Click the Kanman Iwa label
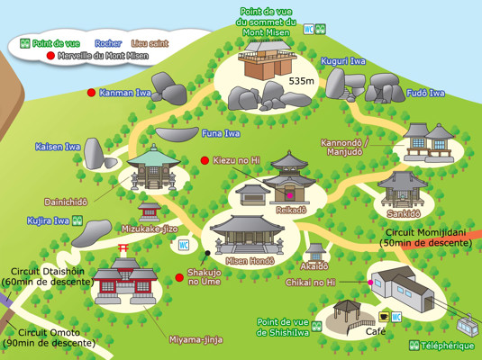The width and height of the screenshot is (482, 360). (x=125, y=92)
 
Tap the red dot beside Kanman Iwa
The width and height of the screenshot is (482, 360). (x=91, y=92)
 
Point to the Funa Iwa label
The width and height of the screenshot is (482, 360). (x=220, y=134)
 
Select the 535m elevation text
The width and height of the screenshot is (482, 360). (x=301, y=80)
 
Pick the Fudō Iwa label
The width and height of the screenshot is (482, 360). (x=425, y=93)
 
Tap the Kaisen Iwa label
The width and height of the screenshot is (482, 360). (x=58, y=146)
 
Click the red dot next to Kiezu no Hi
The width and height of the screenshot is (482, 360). (x=205, y=160)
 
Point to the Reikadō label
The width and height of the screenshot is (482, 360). (x=292, y=209)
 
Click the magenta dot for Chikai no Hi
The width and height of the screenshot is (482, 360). (x=370, y=283)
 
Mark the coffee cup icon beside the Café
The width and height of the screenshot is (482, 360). (x=384, y=317)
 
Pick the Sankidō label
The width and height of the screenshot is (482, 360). (x=404, y=213)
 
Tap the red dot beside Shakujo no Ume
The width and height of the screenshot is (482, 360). (x=179, y=277)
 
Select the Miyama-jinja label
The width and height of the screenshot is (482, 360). (x=196, y=339)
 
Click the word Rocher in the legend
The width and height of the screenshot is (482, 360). (x=108, y=43)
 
